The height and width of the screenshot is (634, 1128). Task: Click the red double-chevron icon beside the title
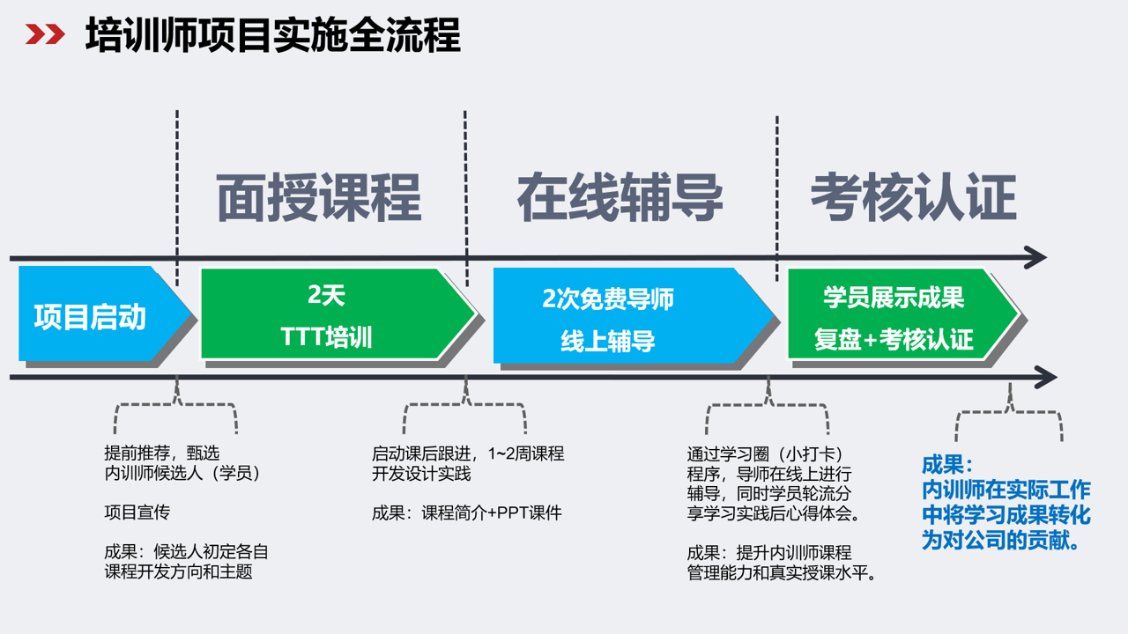click(x=45, y=35)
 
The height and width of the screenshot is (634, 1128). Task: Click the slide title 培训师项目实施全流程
click(x=272, y=36)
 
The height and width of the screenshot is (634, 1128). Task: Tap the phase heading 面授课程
click(x=319, y=197)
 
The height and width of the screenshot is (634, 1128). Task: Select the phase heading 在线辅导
click(x=620, y=197)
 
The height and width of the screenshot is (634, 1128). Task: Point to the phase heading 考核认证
click(x=913, y=197)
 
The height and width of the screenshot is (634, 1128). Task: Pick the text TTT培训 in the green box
click(x=326, y=337)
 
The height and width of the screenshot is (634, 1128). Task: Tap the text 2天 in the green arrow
click(x=326, y=296)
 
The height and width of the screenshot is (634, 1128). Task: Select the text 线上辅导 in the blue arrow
click(x=608, y=341)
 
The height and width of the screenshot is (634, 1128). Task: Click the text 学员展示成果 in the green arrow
click(x=894, y=298)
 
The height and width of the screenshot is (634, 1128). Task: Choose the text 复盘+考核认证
click(x=894, y=340)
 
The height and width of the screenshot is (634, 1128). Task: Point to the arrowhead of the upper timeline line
click(x=1035, y=259)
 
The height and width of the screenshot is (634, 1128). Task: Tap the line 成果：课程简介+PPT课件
click(x=466, y=513)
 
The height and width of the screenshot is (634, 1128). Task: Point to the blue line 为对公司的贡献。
click(x=1002, y=541)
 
